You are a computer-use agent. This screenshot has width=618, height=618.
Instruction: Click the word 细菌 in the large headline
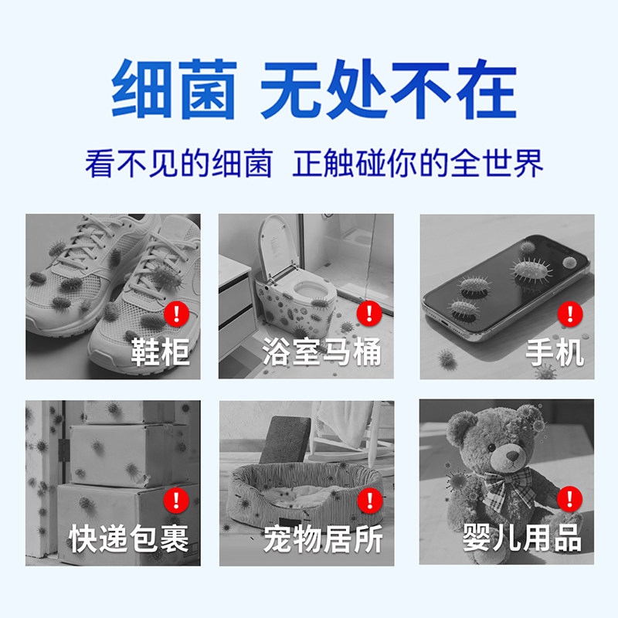point(173,91)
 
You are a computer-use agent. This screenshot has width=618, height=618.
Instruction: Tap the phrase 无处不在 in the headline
point(388,91)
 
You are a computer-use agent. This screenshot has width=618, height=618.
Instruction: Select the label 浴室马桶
point(321,353)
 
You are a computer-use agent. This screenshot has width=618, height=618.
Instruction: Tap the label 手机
point(555,353)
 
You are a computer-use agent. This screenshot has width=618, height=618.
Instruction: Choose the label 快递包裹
point(129,538)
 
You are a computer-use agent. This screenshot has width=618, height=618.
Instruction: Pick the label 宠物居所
point(323,538)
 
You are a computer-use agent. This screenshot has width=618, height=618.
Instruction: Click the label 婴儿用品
point(522,538)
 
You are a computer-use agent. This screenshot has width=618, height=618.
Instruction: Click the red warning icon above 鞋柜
point(177,313)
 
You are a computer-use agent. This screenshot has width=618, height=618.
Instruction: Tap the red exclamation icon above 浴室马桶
point(369,313)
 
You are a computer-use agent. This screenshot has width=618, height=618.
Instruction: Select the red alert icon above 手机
point(570,313)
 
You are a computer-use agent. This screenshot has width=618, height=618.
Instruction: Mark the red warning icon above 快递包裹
point(177,499)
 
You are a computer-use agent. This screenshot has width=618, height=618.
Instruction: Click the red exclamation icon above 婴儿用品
point(570,499)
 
